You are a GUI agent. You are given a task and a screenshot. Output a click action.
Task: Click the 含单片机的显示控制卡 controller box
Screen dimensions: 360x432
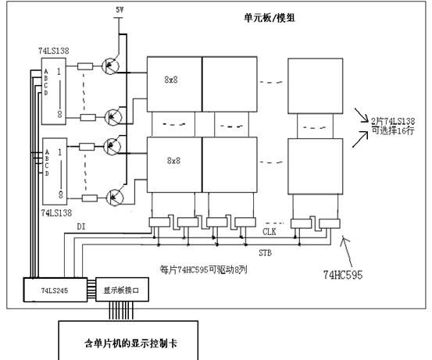(131, 341)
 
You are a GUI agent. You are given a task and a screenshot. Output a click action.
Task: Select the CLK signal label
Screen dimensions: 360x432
(270, 231)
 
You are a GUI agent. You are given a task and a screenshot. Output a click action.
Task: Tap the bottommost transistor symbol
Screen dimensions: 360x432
(115, 197)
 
